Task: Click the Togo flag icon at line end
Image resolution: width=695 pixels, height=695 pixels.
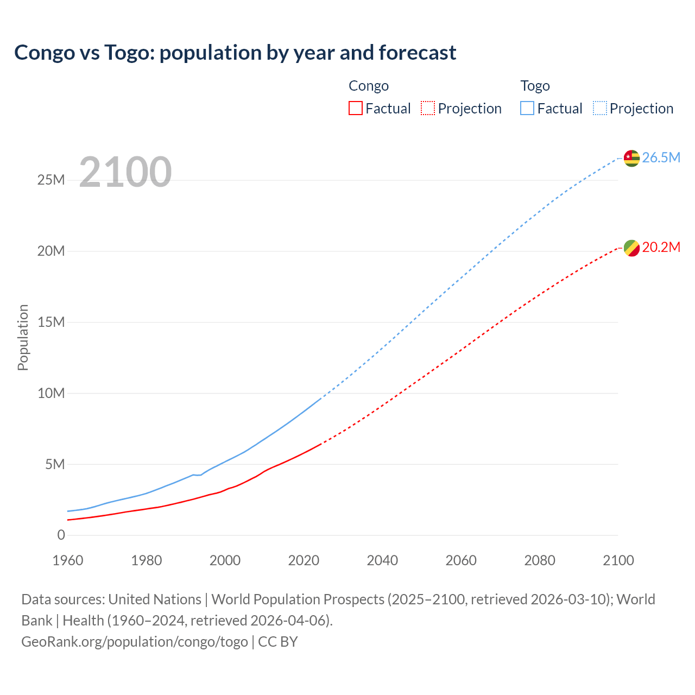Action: click(631, 158)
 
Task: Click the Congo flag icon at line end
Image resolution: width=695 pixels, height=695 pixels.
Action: click(631, 248)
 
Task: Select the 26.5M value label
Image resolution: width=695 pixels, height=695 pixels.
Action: click(661, 158)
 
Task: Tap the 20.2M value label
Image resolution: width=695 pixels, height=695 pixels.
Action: click(661, 248)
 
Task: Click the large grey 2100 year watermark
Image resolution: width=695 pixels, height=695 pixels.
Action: click(125, 172)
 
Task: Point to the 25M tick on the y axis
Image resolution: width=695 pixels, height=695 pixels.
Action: click(51, 180)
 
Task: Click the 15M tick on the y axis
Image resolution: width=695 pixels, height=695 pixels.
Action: click(51, 323)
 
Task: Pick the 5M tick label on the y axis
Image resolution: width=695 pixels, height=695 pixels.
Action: click(55, 465)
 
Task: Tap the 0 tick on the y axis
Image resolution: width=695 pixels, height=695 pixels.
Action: click(61, 535)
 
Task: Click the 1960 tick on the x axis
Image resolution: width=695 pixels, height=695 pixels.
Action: click(68, 560)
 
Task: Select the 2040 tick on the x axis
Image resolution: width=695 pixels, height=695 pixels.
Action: click(382, 560)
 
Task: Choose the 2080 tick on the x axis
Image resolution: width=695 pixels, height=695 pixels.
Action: click(540, 560)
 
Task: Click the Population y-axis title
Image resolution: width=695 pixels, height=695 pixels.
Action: click(23, 337)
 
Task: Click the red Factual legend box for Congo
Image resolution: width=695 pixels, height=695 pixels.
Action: click(355, 108)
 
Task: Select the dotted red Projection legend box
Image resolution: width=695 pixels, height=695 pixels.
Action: click(428, 108)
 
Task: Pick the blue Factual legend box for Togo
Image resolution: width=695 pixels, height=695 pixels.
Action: click(527, 108)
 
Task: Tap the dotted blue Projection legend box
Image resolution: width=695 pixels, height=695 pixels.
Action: click(599, 108)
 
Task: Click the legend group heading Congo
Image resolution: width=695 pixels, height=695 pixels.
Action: click(369, 86)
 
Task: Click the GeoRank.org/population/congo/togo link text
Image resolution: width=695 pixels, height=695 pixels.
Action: click(135, 642)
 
